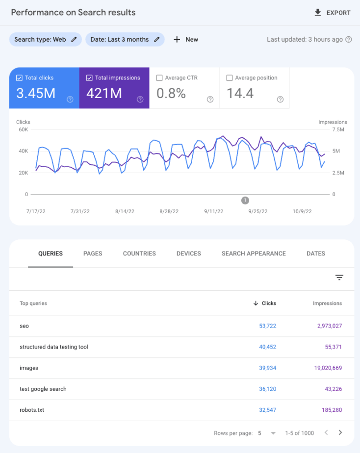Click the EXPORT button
(333, 13)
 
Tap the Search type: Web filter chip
(45, 39)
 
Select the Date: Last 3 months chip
(125, 39)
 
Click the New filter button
(186, 39)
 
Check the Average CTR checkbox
(159, 78)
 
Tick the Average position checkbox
(230, 78)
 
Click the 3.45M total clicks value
(36, 93)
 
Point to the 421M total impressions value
(104, 93)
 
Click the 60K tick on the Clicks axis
(23, 129)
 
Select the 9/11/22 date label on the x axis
(214, 211)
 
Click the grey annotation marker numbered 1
(245, 200)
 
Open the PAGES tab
(93, 253)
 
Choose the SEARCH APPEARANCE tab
(254, 253)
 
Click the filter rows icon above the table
(339, 277)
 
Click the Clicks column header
(268, 303)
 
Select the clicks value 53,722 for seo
(267, 326)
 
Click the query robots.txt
(32, 410)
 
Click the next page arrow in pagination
(340, 433)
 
